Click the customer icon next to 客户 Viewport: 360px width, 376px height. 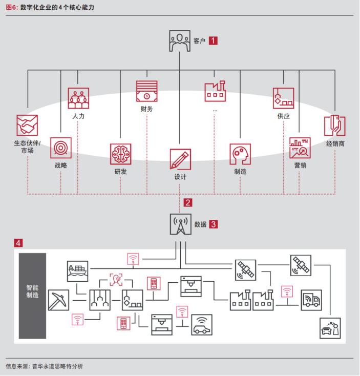point(180,41)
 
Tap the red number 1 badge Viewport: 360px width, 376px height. point(213,41)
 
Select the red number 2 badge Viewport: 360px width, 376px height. point(188,203)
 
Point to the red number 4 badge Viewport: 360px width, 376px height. point(18,243)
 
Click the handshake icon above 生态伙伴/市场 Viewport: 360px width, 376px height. point(27,125)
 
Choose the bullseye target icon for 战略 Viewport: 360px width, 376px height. point(60,148)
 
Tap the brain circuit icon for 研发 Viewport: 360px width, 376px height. point(120,154)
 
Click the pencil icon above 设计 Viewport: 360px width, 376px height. point(180,159)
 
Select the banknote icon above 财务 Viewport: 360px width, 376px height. point(146,91)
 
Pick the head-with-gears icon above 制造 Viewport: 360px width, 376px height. point(240,154)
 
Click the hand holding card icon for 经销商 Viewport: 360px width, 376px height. point(335,126)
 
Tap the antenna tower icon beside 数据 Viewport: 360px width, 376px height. point(180,224)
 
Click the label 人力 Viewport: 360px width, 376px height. point(78,116)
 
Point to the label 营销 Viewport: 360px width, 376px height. point(300,165)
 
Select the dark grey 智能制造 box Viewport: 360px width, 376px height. point(32,296)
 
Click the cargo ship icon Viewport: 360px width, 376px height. point(78,271)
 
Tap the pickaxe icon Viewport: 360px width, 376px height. point(58,300)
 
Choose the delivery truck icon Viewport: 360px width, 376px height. point(311,300)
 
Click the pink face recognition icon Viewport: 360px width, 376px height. point(116,280)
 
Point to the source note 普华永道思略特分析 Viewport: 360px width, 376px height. point(57,366)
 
